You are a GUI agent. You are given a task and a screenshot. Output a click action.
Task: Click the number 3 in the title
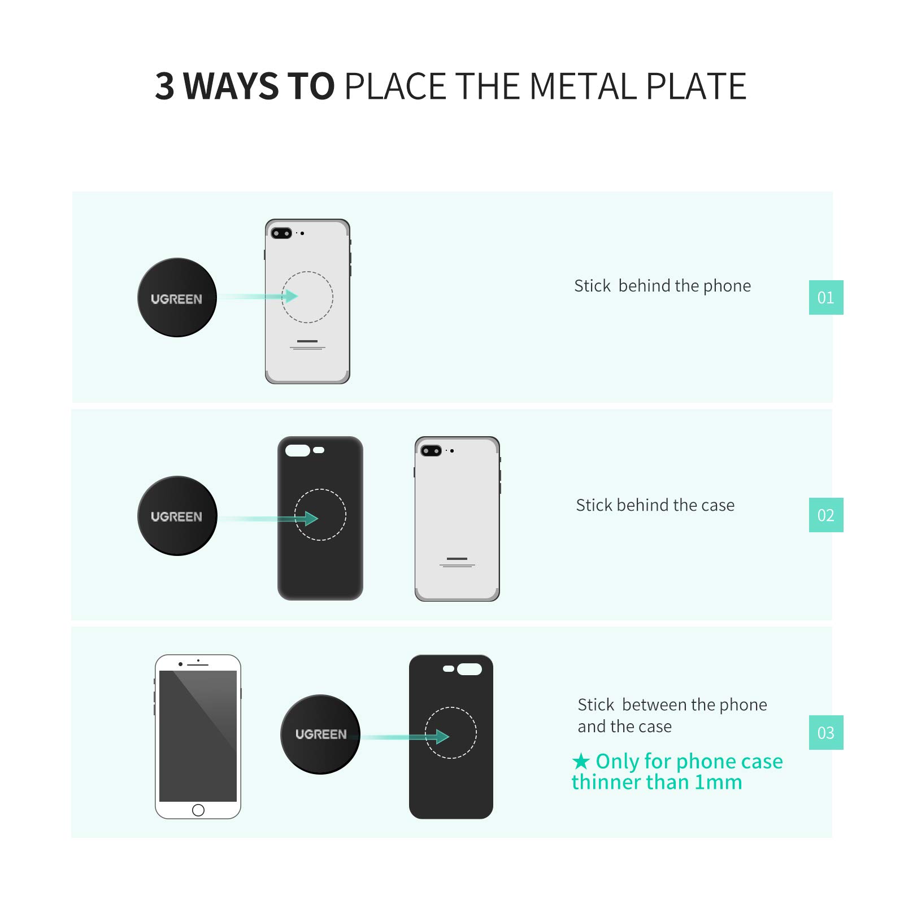[x=164, y=86]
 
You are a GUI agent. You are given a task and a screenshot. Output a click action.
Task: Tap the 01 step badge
[x=825, y=297]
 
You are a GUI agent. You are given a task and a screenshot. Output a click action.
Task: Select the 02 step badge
[x=825, y=515]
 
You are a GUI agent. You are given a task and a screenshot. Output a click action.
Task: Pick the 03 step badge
[x=825, y=732]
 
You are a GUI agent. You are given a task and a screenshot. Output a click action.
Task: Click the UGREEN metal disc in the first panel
[x=177, y=297]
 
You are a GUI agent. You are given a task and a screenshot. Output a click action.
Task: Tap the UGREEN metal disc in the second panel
[x=177, y=515]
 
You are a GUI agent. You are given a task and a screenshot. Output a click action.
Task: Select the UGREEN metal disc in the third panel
[x=320, y=734]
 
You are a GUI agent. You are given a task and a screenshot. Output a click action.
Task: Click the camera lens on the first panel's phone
[x=281, y=233]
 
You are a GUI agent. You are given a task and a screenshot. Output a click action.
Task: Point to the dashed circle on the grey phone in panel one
[x=307, y=297]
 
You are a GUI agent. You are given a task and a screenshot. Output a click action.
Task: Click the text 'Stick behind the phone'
[x=662, y=286]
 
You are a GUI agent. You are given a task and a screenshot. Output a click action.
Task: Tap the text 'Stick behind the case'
[x=655, y=505]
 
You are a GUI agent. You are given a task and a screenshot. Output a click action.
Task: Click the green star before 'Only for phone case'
[x=580, y=762]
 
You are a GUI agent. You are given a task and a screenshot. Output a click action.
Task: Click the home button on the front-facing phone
[x=198, y=810]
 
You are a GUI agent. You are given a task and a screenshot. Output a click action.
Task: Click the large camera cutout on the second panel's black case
[x=298, y=450]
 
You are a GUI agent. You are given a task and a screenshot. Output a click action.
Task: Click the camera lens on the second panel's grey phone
[x=431, y=451]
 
